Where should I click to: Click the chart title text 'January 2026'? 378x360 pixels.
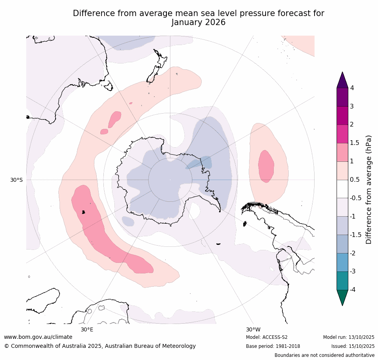click(x=198, y=22)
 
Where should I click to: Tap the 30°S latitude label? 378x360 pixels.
click(x=16, y=180)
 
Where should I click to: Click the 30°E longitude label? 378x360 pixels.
click(x=87, y=329)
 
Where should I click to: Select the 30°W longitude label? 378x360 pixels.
click(x=253, y=329)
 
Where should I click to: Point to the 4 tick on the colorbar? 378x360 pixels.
click(x=352, y=88)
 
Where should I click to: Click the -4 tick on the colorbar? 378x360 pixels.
click(x=352, y=289)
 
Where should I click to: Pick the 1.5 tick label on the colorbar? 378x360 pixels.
click(x=354, y=143)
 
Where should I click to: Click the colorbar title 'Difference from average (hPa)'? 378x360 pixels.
click(x=369, y=190)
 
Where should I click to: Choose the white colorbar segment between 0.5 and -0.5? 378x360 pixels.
click(x=342, y=189)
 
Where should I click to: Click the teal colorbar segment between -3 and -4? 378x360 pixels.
click(x=342, y=280)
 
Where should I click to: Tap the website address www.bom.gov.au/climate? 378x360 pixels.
click(x=38, y=337)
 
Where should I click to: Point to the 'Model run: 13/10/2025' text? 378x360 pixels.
click(x=349, y=337)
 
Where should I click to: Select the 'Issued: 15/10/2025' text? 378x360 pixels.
click(x=353, y=346)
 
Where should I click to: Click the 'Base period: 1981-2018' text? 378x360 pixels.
click(x=273, y=346)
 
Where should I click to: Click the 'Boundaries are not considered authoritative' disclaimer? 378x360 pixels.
click(x=324, y=355)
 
